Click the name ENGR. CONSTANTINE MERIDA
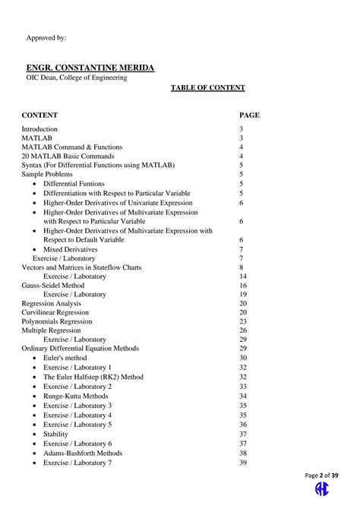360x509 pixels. tap(90, 68)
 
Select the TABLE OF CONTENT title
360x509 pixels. tap(207, 87)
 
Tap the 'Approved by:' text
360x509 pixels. tap(46, 37)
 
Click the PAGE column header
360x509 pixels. tap(249, 115)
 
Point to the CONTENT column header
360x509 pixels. tap(39, 115)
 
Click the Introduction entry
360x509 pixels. tap(39, 129)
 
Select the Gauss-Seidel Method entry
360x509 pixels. tap(48, 285)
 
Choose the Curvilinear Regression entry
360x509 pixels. tap(55, 312)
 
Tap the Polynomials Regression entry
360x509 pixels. tap(55, 321)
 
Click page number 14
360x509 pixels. tap(243, 277)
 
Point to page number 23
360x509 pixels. tap(243, 321)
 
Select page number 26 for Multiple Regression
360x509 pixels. tap(243, 330)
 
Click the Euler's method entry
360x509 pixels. tap(65, 358)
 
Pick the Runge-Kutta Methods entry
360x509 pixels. tap(75, 396)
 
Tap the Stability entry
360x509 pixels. tap(55, 434)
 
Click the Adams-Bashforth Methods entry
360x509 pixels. tap(82, 454)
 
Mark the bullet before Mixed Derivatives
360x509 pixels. tap(35, 249)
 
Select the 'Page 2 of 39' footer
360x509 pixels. tap(322, 476)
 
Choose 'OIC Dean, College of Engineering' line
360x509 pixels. tap(77, 77)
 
